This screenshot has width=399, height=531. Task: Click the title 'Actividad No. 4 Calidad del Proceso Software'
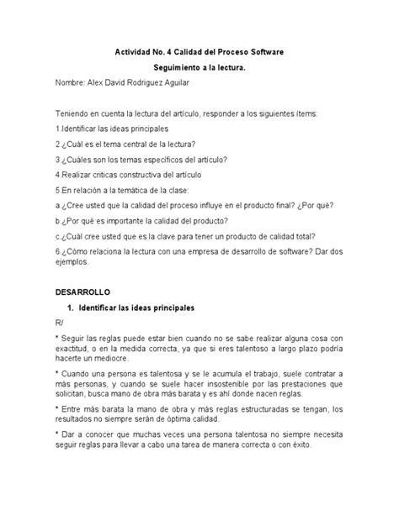[199, 52]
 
